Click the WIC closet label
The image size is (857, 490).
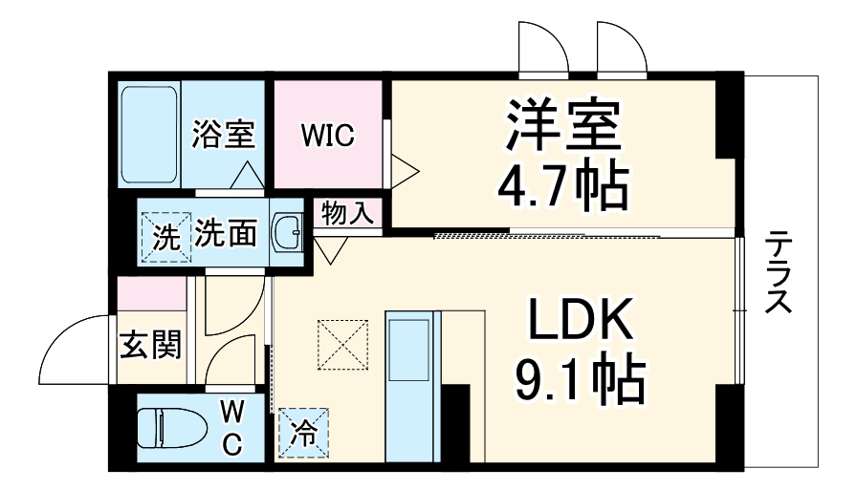pos(328,136)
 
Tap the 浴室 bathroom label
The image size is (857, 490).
pos(223,135)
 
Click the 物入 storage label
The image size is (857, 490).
pos(347,212)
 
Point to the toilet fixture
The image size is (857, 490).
pos(172,428)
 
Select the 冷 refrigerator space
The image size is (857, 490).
pos(302,432)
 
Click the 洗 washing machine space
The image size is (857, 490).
pos(165,234)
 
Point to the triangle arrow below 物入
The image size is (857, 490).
pos(331,248)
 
